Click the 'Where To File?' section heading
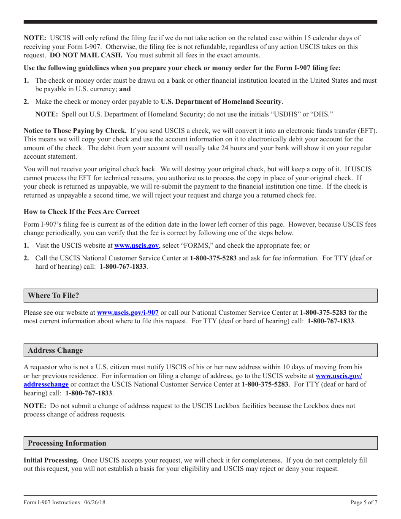(53, 295)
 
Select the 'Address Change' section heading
(55, 350)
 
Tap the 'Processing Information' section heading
(67, 443)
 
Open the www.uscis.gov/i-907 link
(127, 313)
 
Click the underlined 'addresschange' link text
(46, 384)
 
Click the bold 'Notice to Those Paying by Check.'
(75, 131)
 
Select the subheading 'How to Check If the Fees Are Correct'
(81, 212)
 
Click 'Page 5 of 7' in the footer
(364, 502)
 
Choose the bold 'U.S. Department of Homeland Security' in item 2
(221, 102)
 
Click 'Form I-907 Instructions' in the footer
(51, 502)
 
